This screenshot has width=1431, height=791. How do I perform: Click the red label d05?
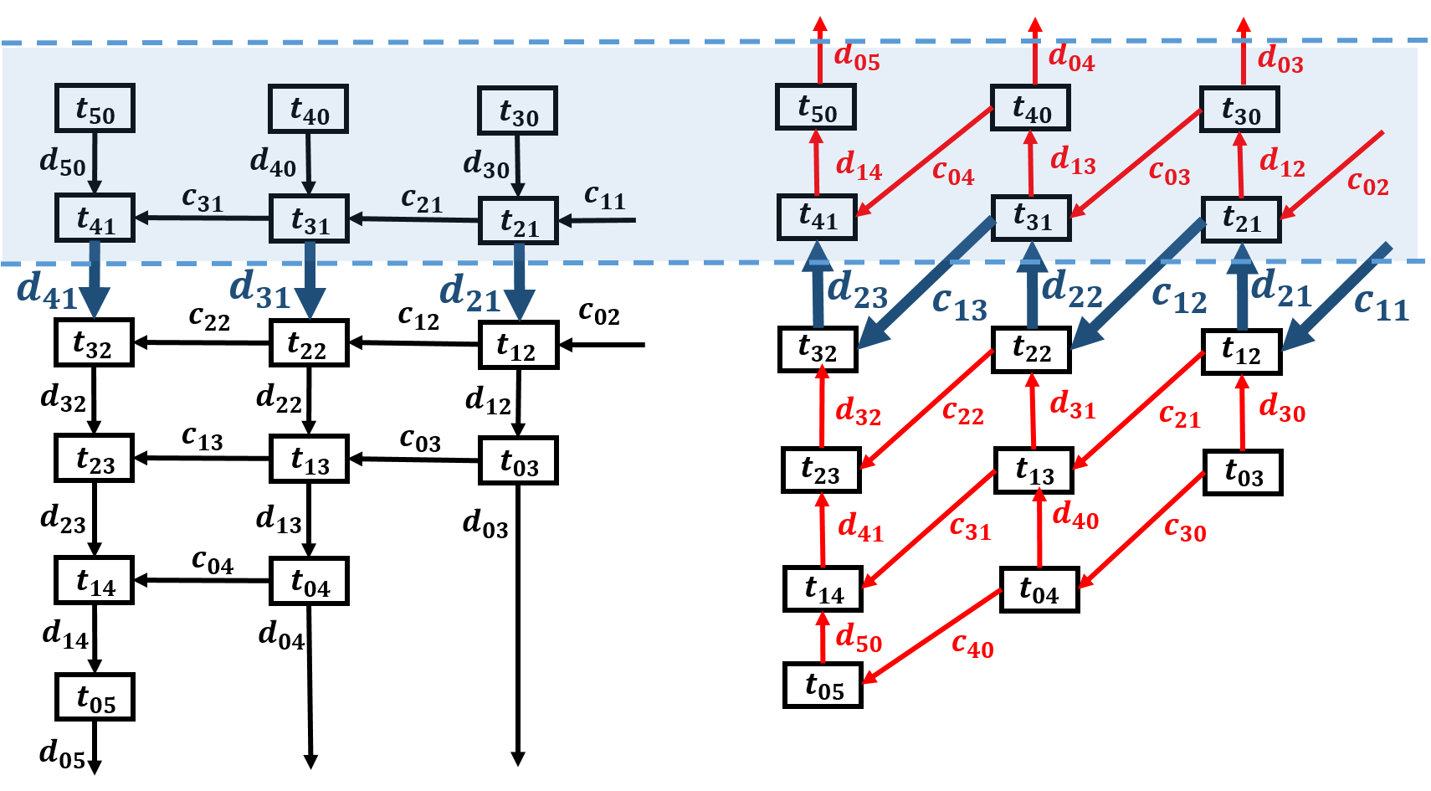857,58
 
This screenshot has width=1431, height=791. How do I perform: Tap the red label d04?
1071,59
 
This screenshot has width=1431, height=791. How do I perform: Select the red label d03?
1280,59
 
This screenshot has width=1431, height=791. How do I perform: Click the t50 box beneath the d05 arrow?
816,107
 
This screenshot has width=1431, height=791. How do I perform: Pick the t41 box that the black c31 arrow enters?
95,218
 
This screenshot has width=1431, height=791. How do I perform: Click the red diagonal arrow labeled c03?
1136,162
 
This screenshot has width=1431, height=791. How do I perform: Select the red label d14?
859,166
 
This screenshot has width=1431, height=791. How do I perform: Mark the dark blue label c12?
1179,297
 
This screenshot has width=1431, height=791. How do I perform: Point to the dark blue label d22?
1071,290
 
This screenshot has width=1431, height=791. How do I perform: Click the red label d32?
858,411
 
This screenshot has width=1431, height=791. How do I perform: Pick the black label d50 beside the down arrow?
63,162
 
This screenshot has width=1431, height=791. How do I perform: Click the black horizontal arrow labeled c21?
413,219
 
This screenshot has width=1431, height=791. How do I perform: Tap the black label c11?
604,197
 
